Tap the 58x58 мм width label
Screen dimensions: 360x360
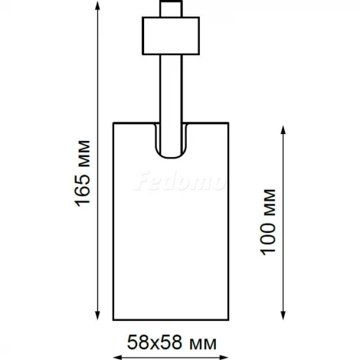tap(171, 339)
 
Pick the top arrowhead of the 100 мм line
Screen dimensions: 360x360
tap(285, 129)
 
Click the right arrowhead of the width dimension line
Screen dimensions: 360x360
tap(226, 357)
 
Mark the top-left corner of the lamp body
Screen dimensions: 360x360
tap(113, 122)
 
